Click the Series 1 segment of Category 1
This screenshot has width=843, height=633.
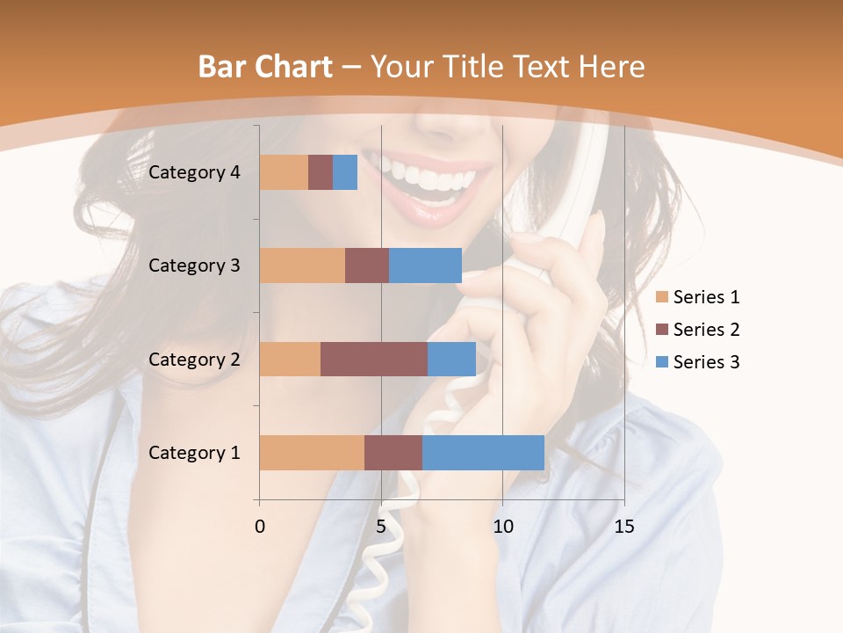click(312, 452)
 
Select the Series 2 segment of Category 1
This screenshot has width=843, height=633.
click(393, 452)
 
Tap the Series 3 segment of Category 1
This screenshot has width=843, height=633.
click(483, 452)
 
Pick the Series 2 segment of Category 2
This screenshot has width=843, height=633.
click(374, 359)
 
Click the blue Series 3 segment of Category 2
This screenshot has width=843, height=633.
click(451, 359)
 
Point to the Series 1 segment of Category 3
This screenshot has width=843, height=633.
click(302, 266)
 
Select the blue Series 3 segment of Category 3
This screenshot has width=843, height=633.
click(425, 266)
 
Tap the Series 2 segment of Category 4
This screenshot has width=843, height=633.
click(321, 172)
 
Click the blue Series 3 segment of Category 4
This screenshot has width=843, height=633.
click(345, 172)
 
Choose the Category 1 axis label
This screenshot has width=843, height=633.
click(194, 453)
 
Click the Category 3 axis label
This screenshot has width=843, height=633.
click(194, 266)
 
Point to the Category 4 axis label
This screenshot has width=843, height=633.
click(194, 172)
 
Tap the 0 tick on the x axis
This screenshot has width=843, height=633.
click(260, 527)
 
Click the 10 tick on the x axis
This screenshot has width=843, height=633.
click(502, 527)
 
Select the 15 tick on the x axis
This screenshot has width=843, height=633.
click(623, 527)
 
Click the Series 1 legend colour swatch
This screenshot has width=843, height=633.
click(662, 297)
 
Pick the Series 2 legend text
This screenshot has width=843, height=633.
click(706, 330)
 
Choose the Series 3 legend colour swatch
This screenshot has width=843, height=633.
click(662, 362)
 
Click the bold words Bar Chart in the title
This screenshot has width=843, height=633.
click(265, 67)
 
